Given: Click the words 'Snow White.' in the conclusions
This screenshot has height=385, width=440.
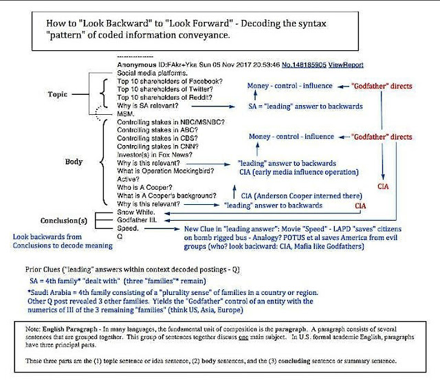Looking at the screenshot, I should point(135,214).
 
